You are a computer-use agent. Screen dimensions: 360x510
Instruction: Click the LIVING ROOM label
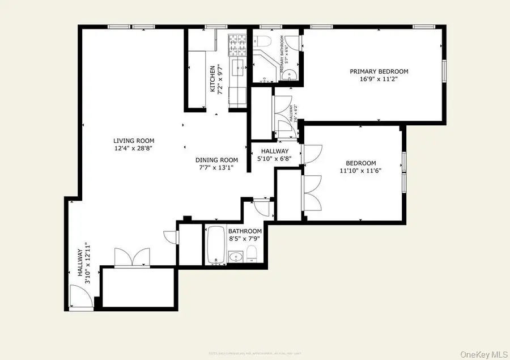[133, 141]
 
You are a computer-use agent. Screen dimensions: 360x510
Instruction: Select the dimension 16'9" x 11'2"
[379, 79]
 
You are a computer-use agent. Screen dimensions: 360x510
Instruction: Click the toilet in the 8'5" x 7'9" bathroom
[253, 253]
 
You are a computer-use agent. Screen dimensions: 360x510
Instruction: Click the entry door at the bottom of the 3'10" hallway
[79, 297]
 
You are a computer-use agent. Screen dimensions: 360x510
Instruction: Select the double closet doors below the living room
[131, 257]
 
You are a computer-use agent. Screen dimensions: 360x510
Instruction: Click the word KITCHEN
[213, 79]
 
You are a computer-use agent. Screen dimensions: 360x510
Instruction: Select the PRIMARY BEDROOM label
[379, 71]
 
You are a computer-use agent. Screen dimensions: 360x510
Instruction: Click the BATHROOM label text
[245, 231]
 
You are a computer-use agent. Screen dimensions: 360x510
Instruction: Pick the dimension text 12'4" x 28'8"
[133, 149]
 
